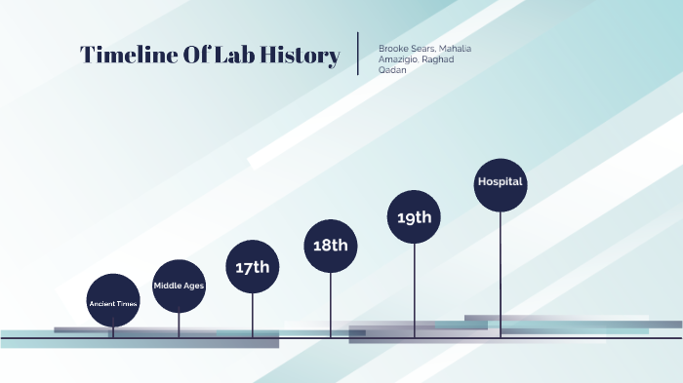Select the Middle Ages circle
click(x=179, y=286)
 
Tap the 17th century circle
click(x=253, y=266)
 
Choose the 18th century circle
click(x=331, y=246)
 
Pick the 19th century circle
click(x=415, y=216)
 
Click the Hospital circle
click(x=501, y=183)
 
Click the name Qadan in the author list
click(x=392, y=69)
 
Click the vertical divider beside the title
click(x=359, y=54)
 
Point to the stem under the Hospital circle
click(x=501, y=273)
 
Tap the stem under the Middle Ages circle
click(x=179, y=325)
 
